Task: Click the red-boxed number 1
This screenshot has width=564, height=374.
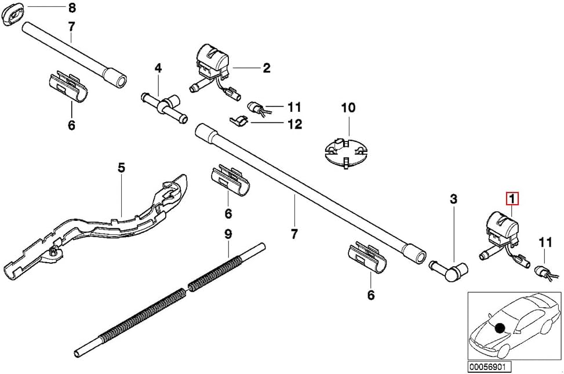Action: pyautogui.click(x=512, y=199)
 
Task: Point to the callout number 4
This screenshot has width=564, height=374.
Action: pyautogui.click(x=158, y=68)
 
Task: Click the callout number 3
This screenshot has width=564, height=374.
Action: pyautogui.click(x=453, y=199)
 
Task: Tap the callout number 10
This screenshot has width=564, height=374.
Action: pyautogui.click(x=348, y=108)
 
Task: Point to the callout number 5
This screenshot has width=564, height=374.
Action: pyautogui.click(x=121, y=168)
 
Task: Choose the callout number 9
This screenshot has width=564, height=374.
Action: pyautogui.click(x=228, y=234)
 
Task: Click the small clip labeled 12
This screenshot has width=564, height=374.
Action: pyautogui.click(x=238, y=121)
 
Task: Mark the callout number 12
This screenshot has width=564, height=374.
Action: pyautogui.click(x=294, y=124)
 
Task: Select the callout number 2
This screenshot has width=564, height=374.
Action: pyautogui.click(x=266, y=68)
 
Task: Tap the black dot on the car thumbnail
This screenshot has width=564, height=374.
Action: pyautogui.click(x=499, y=328)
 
